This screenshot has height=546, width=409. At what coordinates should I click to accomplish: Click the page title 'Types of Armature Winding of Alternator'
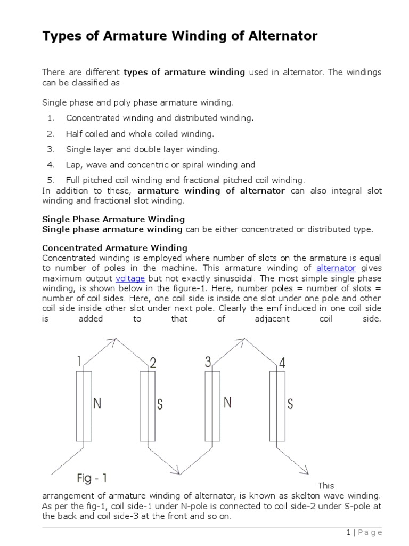click(179, 36)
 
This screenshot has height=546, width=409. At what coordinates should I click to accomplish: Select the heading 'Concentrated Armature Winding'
click(114, 247)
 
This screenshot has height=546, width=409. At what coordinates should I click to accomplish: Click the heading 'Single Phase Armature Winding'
click(113, 219)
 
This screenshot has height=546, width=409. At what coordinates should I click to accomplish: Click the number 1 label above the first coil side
click(79, 362)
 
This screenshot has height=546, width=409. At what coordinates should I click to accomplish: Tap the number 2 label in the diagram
click(153, 364)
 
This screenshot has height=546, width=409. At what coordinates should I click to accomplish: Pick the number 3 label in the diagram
click(208, 363)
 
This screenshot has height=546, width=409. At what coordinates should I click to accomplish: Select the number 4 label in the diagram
click(282, 363)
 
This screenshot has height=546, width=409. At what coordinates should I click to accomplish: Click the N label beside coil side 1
click(97, 404)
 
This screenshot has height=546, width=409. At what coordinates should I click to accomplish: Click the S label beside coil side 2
click(159, 405)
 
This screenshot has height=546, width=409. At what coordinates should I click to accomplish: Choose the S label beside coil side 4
click(290, 404)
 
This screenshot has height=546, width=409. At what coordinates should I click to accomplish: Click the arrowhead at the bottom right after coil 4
click(306, 471)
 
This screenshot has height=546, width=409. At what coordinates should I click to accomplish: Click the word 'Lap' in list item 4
click(73, 165)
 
